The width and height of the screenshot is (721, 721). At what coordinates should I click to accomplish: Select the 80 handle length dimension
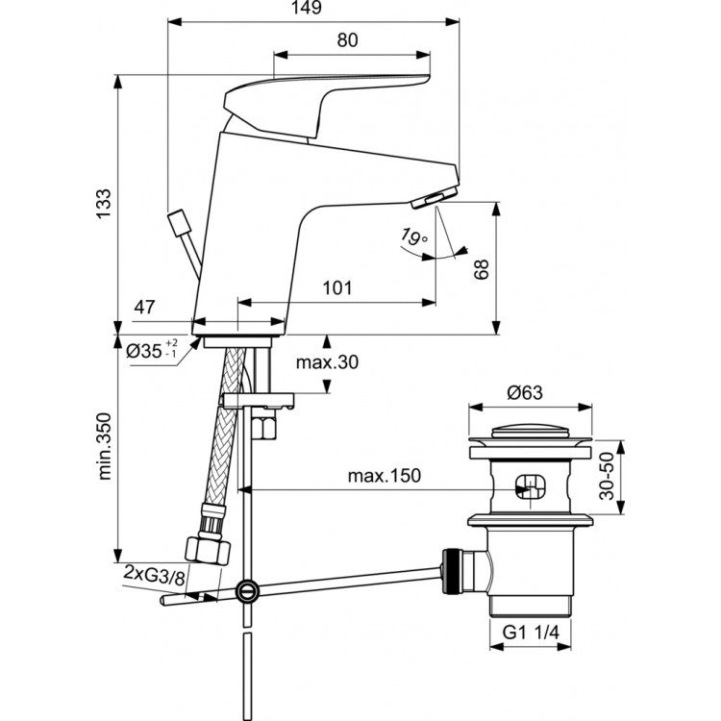click(347, 40)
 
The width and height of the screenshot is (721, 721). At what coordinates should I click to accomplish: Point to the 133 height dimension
click(104, 206)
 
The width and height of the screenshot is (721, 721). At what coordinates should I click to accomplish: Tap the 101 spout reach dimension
click(336, 288)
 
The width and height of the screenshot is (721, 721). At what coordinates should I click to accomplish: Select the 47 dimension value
click(144, 309)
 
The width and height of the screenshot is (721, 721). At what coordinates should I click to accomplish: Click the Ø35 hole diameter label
click(151, 349)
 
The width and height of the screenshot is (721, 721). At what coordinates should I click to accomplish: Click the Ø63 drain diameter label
click(526, 392)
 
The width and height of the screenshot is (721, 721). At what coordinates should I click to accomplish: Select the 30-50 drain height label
click(608, 476)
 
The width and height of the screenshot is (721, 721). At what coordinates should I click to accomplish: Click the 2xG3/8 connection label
click(157, 573)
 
